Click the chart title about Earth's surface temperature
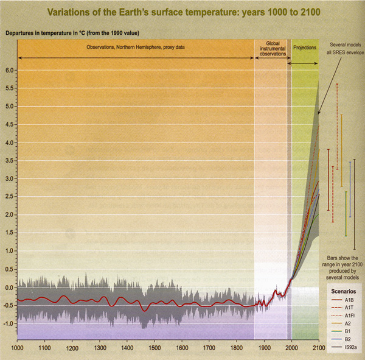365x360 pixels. coord(182,10)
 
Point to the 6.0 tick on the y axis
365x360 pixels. coord(8,71)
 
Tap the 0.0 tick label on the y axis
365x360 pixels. coord(8,287)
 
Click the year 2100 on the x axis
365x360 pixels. coord(318,348)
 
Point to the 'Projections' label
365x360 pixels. coord(305,46)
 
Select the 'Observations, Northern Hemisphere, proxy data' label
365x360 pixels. coord(134,46)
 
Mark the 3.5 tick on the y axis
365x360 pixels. coord(8,161)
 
